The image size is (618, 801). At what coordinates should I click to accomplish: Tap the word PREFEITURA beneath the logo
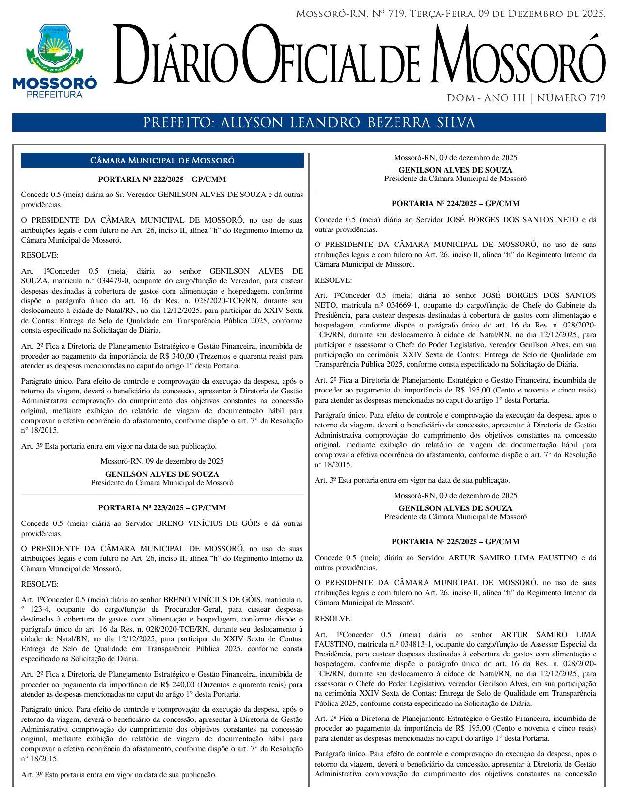point(54,95)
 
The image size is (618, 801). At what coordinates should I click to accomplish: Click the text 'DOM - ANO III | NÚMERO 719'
point(526,98)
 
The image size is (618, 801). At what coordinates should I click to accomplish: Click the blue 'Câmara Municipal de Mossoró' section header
point(162,161)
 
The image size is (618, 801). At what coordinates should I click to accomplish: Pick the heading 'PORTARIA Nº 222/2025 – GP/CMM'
point(162,180)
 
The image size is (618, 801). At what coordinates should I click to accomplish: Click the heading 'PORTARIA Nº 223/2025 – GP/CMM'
point(162,508)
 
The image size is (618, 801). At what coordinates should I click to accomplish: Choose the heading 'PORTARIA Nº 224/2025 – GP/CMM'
point(455,204)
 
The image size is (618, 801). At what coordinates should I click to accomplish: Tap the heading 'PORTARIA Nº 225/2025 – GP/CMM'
point(455,542)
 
